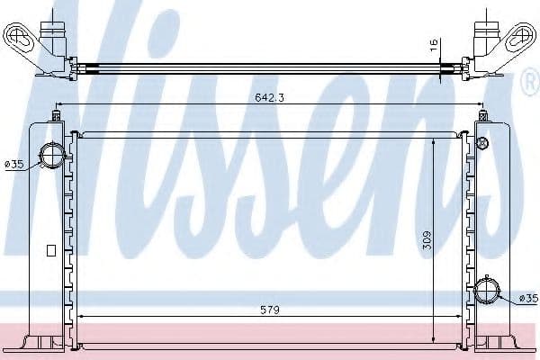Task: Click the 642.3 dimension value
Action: pyautogui.click(x=270, y=98)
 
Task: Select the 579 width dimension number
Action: pyautogui.click(x=270, y=310)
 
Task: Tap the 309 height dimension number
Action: pyautogui.click(x=427, y=241)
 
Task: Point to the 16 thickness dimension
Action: pyautogui.click(x=434, y=45)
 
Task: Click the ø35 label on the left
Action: pyautogui.click(x=14, y=165)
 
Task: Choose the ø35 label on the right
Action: pyautogui.click(x=528, y=298)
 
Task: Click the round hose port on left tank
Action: pyautogui.click(x=51, y=154)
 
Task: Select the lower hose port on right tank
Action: pyautogui.click(x=486, y=291)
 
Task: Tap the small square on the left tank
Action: pyautogui.click(x=51, y=250)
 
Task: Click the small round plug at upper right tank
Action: pyautogui.click(x=482, y=142)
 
